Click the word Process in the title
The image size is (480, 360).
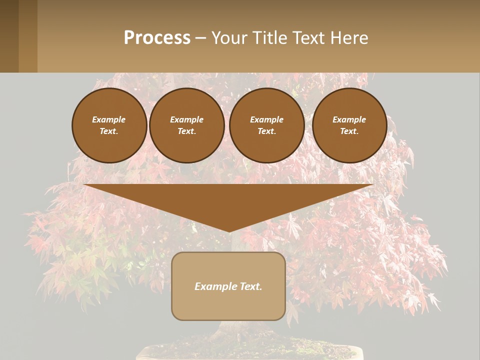(x=157, y=38)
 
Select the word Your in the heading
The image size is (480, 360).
(x=228, y=38)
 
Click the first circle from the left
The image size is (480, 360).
(x=109, y=125)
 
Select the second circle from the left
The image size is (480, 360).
(x=187, y=125)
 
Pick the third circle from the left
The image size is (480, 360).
(x=267, y=125)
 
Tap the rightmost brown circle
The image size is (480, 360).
(x=349, y=125)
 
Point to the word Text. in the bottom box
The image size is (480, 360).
(x=250, y=286)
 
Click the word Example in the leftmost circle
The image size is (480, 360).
(x=109, y=119)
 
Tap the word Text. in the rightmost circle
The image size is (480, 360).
(x=349, y=131)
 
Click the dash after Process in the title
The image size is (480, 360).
(x=201, y=38)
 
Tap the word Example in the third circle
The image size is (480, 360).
(x=267, y=119)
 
